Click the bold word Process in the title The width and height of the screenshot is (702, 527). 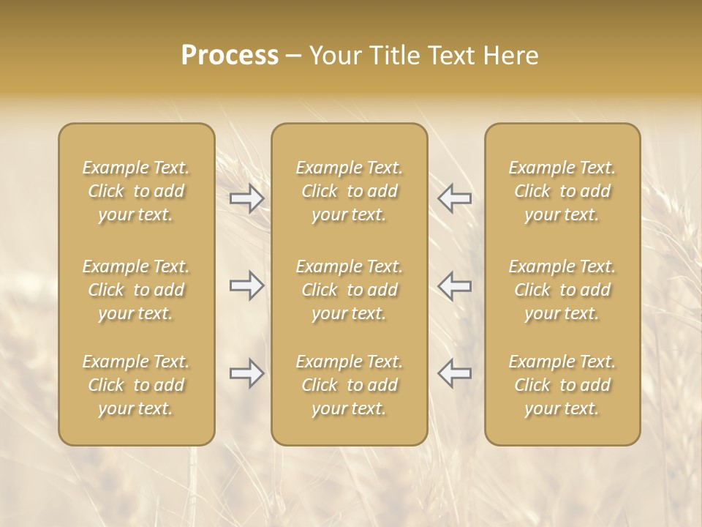pyautogui.click(x=230, y=56)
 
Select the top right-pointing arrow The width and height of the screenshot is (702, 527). pyautogui.click(x=247, y=198)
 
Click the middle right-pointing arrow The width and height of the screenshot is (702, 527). pyautogui.click(x=247, y=285)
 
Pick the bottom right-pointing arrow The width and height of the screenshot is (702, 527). pyautogui.click(x=247, y=373)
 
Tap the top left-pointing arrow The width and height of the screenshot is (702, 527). pyautogui.click(x=454, y=198)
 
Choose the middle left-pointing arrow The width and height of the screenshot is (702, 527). pyautogui.click(x=454, y=285)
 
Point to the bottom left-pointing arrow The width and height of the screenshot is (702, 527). pyautogui.click(x=454, y=373)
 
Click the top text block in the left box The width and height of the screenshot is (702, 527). pyautogui.click(x=136, y=191)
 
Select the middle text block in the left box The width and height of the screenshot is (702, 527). pyautogui.click(x=136, y=290)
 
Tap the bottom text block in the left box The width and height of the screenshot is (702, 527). pyautogui.click(x=136, y=385)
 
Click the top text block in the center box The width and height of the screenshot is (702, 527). pyautogui.click(x=350, y=191)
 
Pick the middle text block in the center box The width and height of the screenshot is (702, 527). pyautogui.click(x=350, y=290)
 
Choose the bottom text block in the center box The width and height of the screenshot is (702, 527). pyautogui.click(x=350, y=385)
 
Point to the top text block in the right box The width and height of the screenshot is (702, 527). pyautogui.click(x=562, y=191)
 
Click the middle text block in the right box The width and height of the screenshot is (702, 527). pyautogui.click(x=562, y=290)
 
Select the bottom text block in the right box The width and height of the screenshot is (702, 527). pyautogui.click(x=562, y=385)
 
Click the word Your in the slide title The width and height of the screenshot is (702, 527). pyautogui.click(x=333, y=56)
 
